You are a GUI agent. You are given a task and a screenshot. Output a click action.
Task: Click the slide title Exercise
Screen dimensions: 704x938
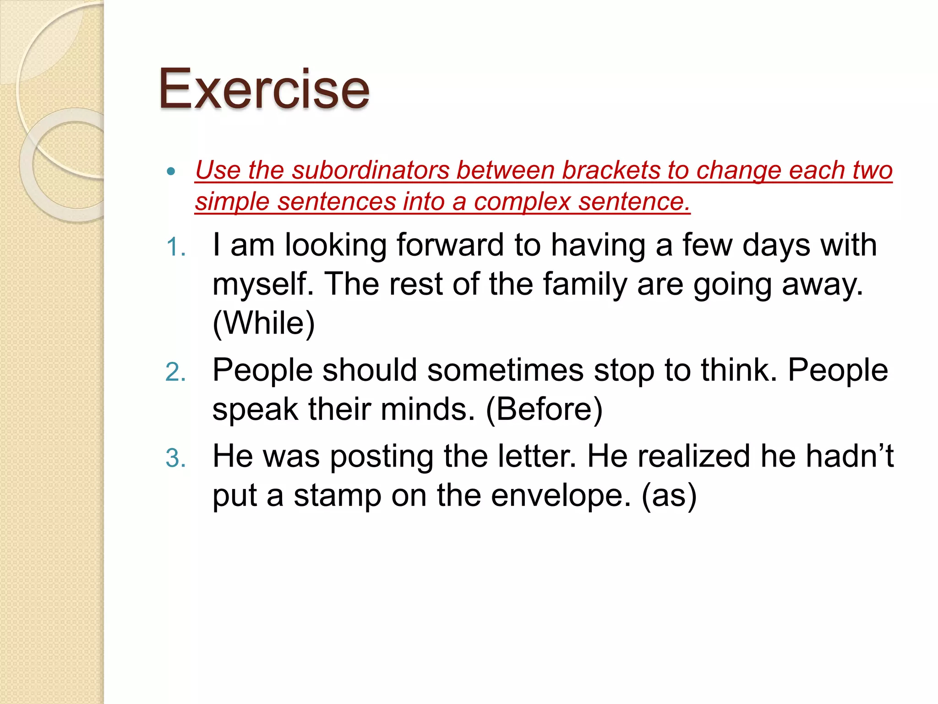[264, 89]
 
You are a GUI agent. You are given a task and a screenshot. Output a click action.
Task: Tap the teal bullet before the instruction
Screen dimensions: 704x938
[171, 172]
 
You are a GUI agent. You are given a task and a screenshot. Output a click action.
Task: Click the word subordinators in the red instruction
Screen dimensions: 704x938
[371, 170]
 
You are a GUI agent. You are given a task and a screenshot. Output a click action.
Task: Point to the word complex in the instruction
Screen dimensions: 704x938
[522, 202]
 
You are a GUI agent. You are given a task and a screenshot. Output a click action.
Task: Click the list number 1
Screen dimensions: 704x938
[175, 248]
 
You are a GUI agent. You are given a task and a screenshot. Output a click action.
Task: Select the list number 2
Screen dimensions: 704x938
[175, 372]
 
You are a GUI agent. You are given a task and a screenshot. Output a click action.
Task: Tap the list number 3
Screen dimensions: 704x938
[175, 459]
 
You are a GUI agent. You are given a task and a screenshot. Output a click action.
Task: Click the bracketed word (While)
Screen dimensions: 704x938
[264, 324]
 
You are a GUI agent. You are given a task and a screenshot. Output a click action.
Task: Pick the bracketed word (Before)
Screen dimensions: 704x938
[544, 409]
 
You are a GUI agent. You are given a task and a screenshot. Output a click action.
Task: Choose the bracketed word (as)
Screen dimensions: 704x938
[669, 496]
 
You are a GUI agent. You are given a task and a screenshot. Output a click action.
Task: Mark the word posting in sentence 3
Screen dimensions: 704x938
[382, 457]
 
